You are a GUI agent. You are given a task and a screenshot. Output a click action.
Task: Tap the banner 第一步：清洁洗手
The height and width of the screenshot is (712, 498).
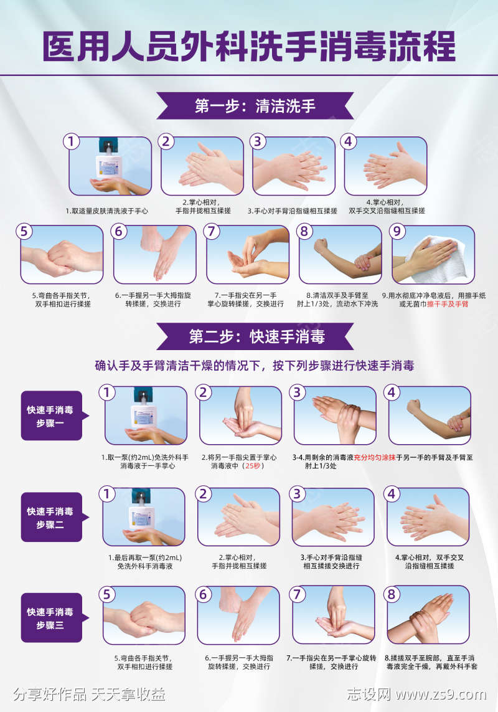click(255, 105)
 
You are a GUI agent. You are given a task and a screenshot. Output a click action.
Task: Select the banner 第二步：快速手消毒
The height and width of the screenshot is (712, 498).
click(256, 337)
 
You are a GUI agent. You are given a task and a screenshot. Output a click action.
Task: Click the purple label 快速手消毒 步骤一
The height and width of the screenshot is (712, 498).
click(51, 416)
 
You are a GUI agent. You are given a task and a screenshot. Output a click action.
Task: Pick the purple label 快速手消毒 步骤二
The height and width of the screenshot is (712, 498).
click(51, 518)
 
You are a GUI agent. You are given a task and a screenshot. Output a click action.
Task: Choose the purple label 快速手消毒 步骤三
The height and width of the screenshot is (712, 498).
click(51, 617)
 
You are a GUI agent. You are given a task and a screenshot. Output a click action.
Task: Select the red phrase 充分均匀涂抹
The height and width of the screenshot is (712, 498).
click(375, 457)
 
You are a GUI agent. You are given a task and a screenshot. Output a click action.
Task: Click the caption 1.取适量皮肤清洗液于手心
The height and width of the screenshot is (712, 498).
click(107, 211)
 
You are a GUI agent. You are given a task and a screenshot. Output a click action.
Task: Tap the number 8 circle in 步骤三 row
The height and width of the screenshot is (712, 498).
click(392, 594)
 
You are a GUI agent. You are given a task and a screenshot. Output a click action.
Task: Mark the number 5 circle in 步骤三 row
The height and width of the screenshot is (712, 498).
click(108, 594)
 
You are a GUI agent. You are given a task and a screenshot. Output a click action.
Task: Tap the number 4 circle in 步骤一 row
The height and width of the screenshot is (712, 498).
click(392, 392)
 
